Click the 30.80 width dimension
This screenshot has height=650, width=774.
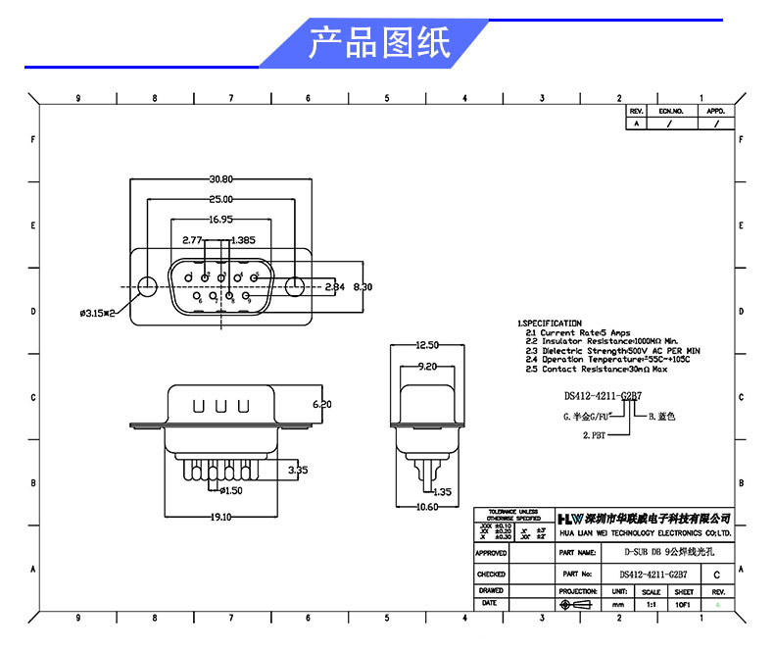pos(220,179)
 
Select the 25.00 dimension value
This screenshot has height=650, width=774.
pos(220,199)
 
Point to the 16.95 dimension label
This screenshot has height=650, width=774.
pos(219,220)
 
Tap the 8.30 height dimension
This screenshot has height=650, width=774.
pos(363,287)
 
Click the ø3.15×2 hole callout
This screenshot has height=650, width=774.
pos(98,314)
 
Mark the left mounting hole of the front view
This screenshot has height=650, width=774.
pos(146,287)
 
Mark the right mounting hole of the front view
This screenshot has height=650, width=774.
pos(297,287)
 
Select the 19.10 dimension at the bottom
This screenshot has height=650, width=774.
pos(219,517)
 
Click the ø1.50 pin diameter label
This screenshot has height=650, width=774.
pos(231,490)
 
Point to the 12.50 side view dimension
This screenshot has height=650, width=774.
pos(426,345)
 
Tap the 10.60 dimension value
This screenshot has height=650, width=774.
pos(426,507)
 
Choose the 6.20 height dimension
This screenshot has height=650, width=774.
pos(321,404)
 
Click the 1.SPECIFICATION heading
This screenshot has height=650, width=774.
pos(550,324)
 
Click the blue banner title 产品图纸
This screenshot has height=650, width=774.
pos(380,44)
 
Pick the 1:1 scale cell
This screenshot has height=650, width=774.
pos(651,606)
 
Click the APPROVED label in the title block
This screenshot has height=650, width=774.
pos(491,553)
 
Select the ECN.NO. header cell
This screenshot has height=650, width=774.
pos(670,112)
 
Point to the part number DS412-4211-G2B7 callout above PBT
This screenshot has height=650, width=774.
pos(603,396)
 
